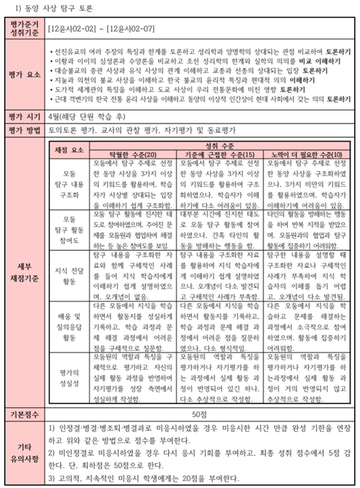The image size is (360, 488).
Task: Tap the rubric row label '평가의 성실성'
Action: [71, 377]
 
